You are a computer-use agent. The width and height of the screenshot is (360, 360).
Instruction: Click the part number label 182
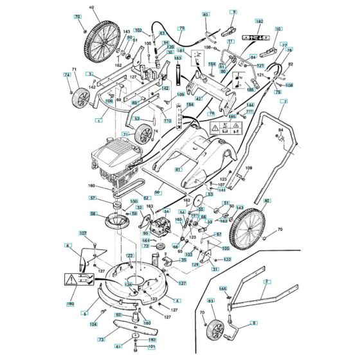(x=260, y=22)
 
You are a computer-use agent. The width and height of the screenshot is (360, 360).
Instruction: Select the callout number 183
(x=179, y=58)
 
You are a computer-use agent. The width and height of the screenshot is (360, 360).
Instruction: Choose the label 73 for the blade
(x=101, y=339)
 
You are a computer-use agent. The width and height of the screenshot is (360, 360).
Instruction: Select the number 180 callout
(x=70, y=303)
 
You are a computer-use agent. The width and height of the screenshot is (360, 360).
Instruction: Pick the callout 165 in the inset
(x=222, y=289)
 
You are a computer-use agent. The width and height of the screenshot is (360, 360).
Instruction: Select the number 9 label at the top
(x=234, y=12)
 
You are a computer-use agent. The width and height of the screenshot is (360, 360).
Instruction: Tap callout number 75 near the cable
(x=181, y=29)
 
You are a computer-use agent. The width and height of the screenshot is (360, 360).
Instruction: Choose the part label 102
(x=138, y=31)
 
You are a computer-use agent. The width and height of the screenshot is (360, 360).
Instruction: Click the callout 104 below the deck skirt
(x=94, y=325)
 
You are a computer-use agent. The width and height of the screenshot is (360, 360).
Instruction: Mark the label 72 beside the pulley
(x=146, y=246)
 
